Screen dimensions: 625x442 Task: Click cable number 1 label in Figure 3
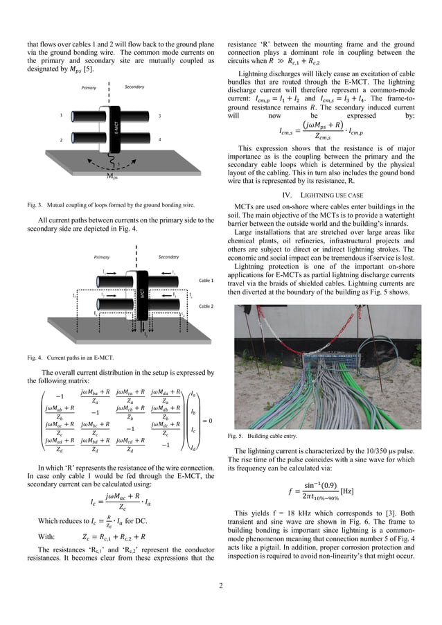click(x=61, y=115)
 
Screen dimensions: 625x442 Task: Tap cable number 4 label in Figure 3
click(x=159, y=139)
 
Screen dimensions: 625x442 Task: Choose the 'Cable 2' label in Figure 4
click(x=206, y=306)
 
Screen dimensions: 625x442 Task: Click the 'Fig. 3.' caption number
click(x=36, y=205)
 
